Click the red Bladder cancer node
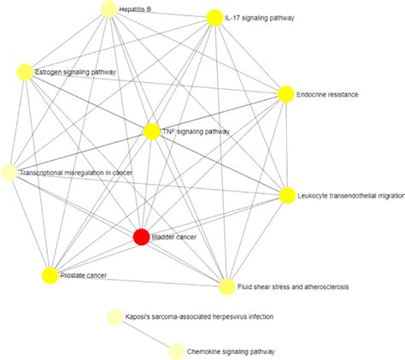(x=142, y=237)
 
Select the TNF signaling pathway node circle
(x=151, y=132)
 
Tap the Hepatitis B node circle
(x=109, y=9)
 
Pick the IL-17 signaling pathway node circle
(x=214, y=18)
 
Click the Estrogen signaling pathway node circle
(x=25, y=72)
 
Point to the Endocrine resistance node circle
(x=286, y=93)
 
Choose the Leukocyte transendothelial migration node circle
(x=287, y=196)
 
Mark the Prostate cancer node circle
(x=50, y=275)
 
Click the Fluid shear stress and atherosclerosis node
(x=226, y=286)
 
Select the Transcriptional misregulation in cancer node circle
(x=9, y=173)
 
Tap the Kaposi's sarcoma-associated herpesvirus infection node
(x=114, y=317)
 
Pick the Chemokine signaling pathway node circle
(x=176, y=350)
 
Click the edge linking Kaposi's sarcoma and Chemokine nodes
(x=145, y=333)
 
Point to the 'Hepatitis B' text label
(x=136, y=9)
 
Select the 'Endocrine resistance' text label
(x=328, y=93)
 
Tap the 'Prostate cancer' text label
(x=84, y=275)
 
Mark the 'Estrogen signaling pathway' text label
(x=75, y=72)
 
